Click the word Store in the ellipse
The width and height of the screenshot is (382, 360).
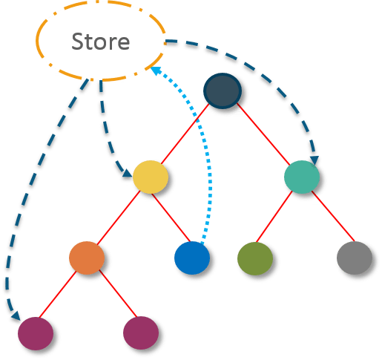point(100,41)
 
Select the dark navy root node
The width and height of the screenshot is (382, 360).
point(222,91)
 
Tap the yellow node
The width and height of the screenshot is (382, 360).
point(150,177)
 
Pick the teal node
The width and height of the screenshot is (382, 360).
point(301,177)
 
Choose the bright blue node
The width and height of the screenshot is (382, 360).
point(192,258)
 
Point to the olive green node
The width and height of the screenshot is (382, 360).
point(254,258)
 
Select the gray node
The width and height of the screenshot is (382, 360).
point(354,258)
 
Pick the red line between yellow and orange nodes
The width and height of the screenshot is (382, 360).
point(119,216)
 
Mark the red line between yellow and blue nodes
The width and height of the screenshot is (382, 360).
point(171,217)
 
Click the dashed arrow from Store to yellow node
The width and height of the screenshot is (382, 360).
point(106,126)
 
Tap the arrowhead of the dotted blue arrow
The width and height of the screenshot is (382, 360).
point(155,70)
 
